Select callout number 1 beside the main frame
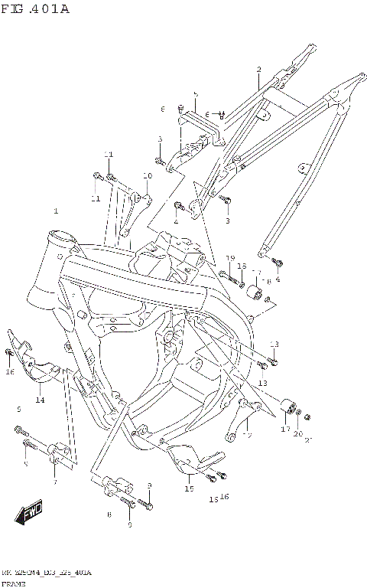click(55, 211)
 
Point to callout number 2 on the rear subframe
click(258, 70)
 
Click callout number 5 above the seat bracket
click(195, 94)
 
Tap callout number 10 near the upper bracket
click(147, 176)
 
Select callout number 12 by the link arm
click(247, 435)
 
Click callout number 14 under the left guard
click(39, 400)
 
